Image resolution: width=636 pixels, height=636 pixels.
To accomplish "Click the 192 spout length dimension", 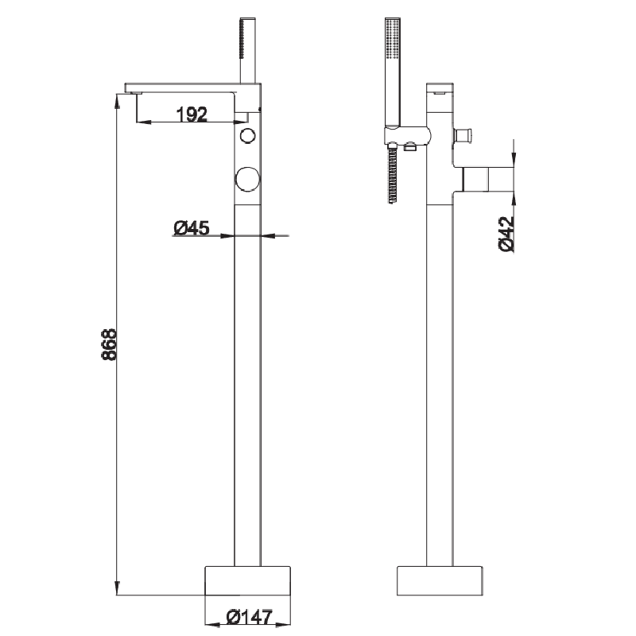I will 191,114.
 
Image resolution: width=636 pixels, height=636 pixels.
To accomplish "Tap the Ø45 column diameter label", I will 191,229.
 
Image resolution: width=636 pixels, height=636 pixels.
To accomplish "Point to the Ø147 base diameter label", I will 248,616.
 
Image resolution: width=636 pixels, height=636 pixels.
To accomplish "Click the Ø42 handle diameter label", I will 507,234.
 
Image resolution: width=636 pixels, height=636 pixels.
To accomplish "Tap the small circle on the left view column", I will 248,135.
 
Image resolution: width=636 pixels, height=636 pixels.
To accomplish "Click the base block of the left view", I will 248,580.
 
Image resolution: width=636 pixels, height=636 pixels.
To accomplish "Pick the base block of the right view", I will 440,580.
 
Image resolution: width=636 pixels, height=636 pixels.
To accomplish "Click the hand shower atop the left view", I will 248,48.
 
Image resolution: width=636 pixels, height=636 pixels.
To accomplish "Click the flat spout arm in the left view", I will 183,86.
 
